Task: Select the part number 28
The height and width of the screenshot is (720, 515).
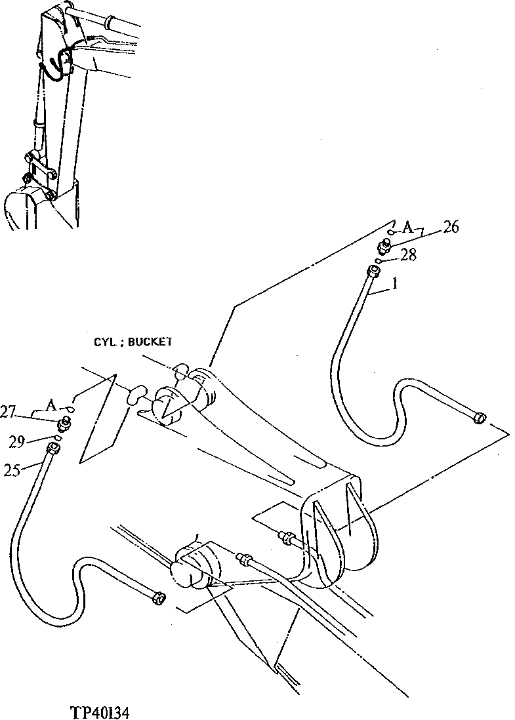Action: tap(408, 255)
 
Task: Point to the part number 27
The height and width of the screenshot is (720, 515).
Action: tap(26, 412)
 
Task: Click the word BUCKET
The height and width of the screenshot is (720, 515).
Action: tap(150, 342)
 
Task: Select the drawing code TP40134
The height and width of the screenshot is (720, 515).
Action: tap(105, 710)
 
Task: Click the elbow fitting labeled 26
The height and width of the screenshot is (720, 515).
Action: tap(384, 247)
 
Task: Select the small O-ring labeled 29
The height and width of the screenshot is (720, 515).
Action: tap(58, 438)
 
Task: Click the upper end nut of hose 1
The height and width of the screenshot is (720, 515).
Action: tap(375, 271)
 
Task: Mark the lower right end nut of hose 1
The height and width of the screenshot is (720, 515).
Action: tap(478, 416)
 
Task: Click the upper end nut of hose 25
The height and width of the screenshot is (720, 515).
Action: tap(53, 449)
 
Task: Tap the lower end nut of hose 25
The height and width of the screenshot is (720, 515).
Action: tap(157, 597)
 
